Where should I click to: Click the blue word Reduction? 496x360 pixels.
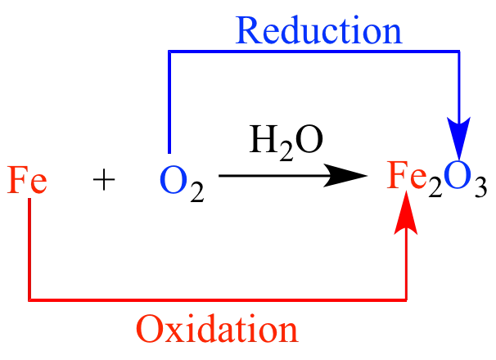(x=319, y=30)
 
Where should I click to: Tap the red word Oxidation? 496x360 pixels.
(x=218, y=329)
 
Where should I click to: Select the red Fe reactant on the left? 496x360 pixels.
(x=27, y=179)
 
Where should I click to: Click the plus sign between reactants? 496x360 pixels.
(x=104, y=179)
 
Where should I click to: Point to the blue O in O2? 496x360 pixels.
(x=173, y=180)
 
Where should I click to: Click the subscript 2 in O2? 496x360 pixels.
(x=197, y=191)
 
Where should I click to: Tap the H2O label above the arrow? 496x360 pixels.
(x=286, y=142)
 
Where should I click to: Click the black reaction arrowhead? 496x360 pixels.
(x=345, y=176)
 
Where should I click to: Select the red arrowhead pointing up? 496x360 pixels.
(x=406, y=213)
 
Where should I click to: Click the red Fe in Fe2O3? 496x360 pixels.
(x=407, y=175)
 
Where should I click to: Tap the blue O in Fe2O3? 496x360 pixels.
(x=456, y=175)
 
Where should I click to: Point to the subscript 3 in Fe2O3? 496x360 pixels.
(x=480, y=187)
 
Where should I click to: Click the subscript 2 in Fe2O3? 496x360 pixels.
(x=435, y=187)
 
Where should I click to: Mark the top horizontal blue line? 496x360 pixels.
(x=313, y=52)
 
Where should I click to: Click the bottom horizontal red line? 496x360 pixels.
(x=218, y=299)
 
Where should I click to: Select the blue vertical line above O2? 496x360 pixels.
(x=170, y=101)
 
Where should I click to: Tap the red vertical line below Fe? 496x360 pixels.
(x=29, y=250)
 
